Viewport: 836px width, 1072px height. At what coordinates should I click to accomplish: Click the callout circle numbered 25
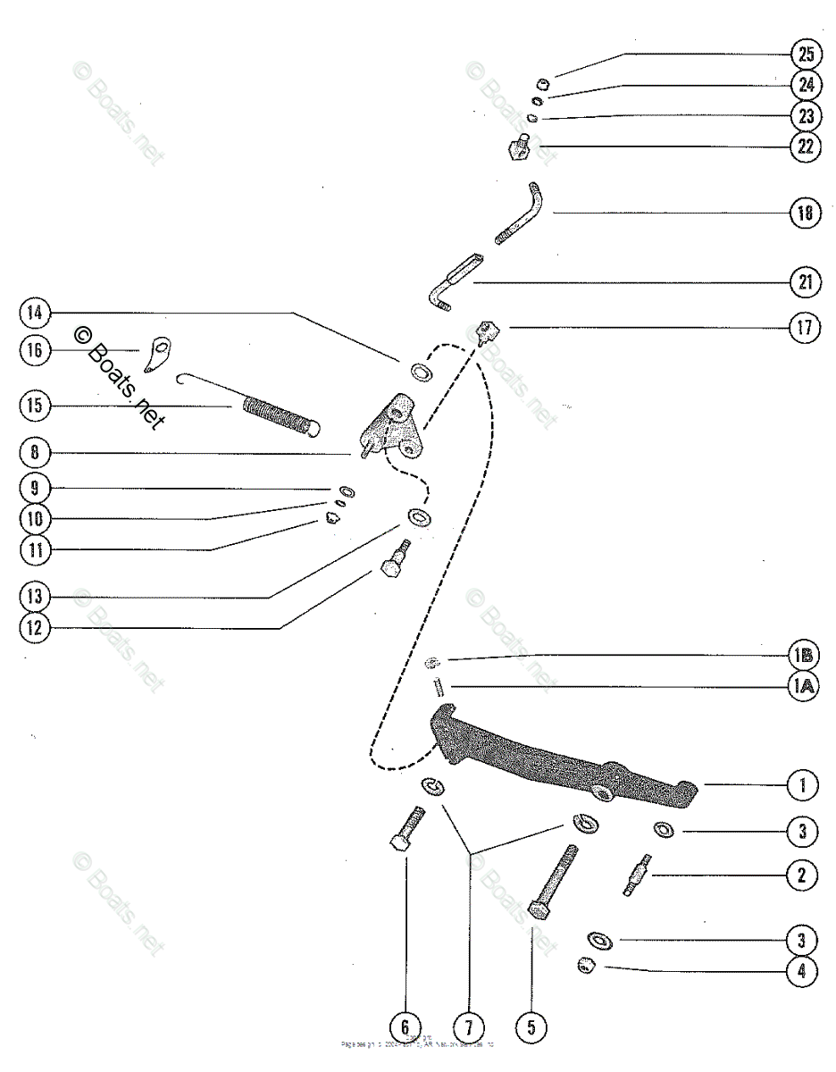(805, 54)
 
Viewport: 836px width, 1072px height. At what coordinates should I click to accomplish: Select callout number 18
(805, 213)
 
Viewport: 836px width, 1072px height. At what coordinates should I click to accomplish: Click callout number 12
(34, 628)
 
